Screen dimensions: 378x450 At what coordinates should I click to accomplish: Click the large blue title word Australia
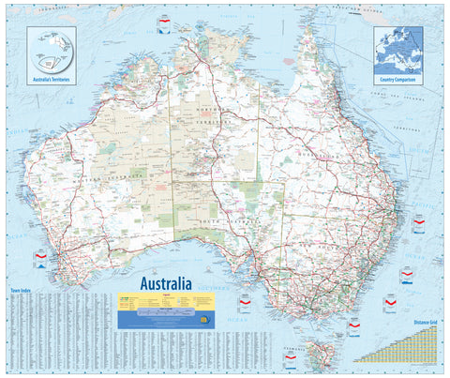click(166, 282)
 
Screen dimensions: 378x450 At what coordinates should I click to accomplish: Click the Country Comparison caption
click(398, 82)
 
